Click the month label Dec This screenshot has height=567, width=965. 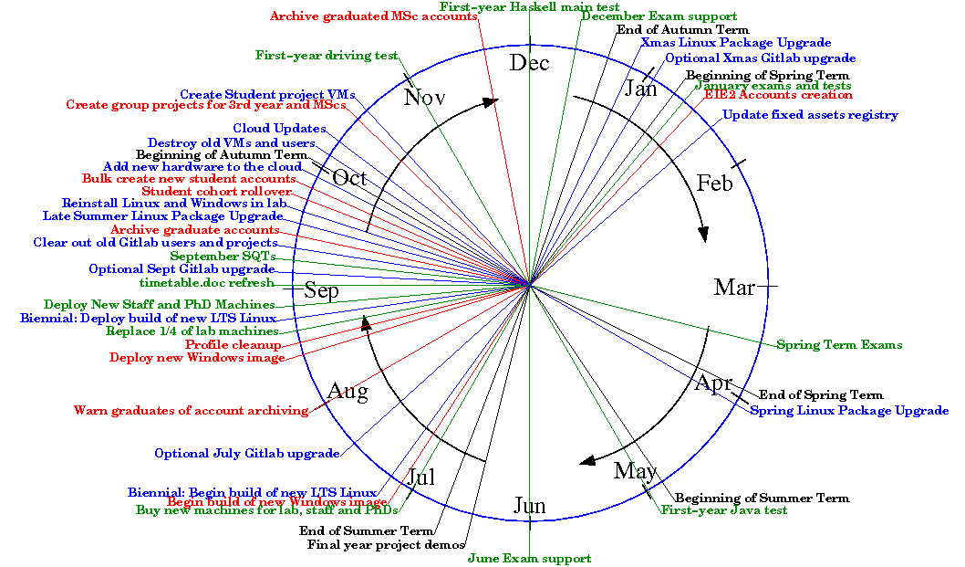pyautogui.click(x=529, y=63)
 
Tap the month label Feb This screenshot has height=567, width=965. pyautogui.click(x=714, y=184)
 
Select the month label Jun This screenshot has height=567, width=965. pyautogui.click(x=529, y=506)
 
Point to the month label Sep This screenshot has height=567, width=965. pyautogui.click(x=321, y=291)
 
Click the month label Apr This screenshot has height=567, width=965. pyautogui.click(x=713, y=383)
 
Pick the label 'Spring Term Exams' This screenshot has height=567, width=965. pyautogui.click(x=839, y=345)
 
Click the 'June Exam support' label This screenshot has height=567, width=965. pyautogui.click(x=529, y=558)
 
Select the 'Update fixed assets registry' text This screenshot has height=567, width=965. pyautogui.click(x=810, y=115)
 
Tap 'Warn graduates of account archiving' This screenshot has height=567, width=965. pyautogui.click(x=191, y=411)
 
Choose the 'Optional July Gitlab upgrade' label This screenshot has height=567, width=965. pyautogui.click(x=246, y=454)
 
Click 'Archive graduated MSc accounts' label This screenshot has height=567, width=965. pyautogui.click(x=374, y=16)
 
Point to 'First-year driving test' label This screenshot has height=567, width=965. pyautogui.click(x=326, y=56)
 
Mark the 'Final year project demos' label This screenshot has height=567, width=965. pyautogui.click(x=386, y=546)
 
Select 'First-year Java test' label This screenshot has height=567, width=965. pyautogui.click(x=724, y=510)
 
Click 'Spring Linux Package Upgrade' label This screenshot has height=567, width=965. pyautogui.click(x=848, y=411)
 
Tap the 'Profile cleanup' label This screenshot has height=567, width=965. pyautogui.click(x=233, y=345)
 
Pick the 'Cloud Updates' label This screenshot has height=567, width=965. pyautogui.click(x=279, y=129)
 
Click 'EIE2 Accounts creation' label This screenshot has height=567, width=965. pyautogui.click(x=778, y=95)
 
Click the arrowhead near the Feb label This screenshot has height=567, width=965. pyautogui.click(x=702, y=235)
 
